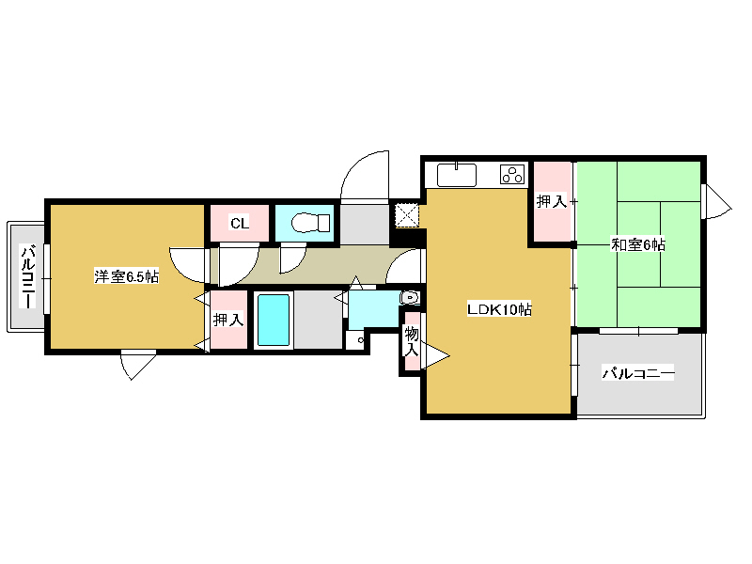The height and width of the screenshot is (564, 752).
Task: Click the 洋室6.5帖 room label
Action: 126,276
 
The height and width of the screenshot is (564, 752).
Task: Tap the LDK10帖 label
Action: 499,309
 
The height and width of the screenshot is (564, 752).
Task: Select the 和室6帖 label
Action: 638,244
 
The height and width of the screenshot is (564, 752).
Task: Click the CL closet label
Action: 240,223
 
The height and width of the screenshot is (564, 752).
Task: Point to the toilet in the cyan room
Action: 310,223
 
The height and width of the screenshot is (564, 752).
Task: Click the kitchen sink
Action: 457,175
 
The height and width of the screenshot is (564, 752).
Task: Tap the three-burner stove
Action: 512,174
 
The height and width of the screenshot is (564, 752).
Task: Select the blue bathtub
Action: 274,320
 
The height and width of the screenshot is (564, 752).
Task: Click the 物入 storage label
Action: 412,341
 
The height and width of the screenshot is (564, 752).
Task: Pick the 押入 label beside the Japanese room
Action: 552,201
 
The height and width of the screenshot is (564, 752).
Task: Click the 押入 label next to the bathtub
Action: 228,320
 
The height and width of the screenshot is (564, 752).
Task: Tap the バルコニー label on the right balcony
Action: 638,372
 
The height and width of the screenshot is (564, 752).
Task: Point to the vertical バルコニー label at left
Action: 27,276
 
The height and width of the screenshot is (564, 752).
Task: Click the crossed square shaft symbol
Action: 407,215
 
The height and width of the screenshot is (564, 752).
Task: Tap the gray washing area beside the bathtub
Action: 318,320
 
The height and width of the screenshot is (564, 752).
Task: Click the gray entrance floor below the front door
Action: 365,225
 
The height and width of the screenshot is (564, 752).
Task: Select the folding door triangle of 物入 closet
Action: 435,355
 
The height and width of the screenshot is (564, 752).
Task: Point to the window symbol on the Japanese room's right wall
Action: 716,201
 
